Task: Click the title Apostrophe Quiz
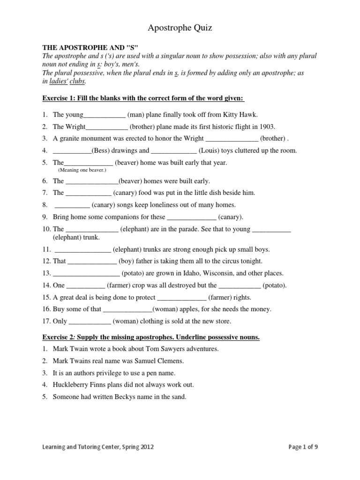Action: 180,28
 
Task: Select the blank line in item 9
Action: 192,217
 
